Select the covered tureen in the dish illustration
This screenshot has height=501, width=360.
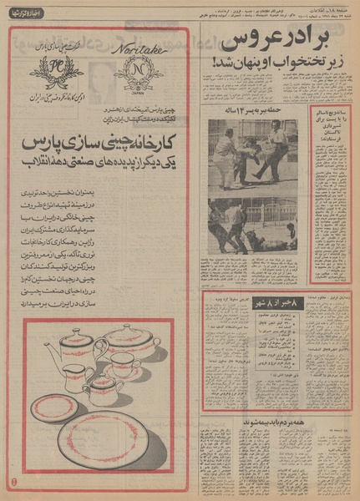point(131,342)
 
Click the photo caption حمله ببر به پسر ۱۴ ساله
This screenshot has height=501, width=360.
point(247,112)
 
